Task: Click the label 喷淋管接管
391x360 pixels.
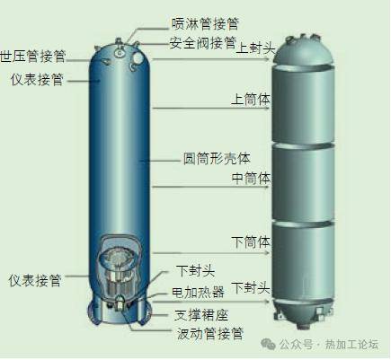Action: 205,23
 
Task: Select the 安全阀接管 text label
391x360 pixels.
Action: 203,43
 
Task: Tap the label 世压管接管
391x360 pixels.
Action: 32,57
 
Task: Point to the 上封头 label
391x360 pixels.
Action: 255,48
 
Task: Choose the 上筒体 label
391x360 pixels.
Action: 251,100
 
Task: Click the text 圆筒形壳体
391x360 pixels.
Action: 217,159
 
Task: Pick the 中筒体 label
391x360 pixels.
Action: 251,179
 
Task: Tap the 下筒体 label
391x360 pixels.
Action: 251,241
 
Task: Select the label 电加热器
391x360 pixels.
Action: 198,292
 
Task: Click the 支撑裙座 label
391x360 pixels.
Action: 201,315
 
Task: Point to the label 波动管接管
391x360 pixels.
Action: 209,334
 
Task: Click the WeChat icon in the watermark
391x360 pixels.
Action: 268,345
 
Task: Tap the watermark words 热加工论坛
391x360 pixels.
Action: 351,345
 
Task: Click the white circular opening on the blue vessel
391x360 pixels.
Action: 137,57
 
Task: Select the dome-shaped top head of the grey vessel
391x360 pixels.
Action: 303,52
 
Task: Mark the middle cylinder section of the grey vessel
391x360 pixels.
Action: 303,184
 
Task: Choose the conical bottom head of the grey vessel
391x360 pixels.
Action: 303,312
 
